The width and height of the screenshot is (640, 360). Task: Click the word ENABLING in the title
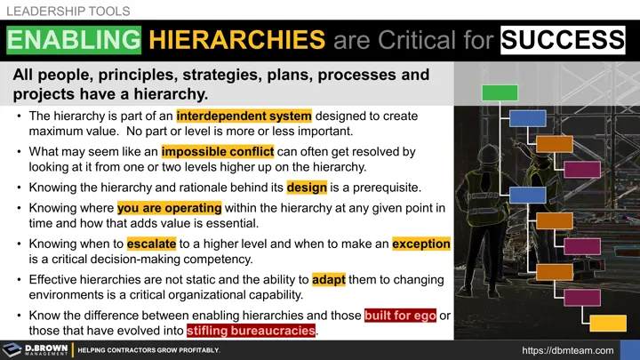(75, 40)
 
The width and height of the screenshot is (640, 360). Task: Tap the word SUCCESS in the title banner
(562, 40)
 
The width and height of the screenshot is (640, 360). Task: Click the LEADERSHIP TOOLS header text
(68, 12)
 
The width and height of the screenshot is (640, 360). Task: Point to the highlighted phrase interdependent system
(244, 116)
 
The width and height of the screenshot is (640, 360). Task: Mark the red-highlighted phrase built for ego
(401, 314)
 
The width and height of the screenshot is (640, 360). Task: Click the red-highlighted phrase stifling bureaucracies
(251, 331)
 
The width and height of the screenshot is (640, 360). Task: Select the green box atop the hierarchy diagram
(500, 92)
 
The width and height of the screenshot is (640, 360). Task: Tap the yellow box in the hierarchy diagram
(608, 323)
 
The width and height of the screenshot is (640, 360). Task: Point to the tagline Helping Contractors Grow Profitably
(148, 350)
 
